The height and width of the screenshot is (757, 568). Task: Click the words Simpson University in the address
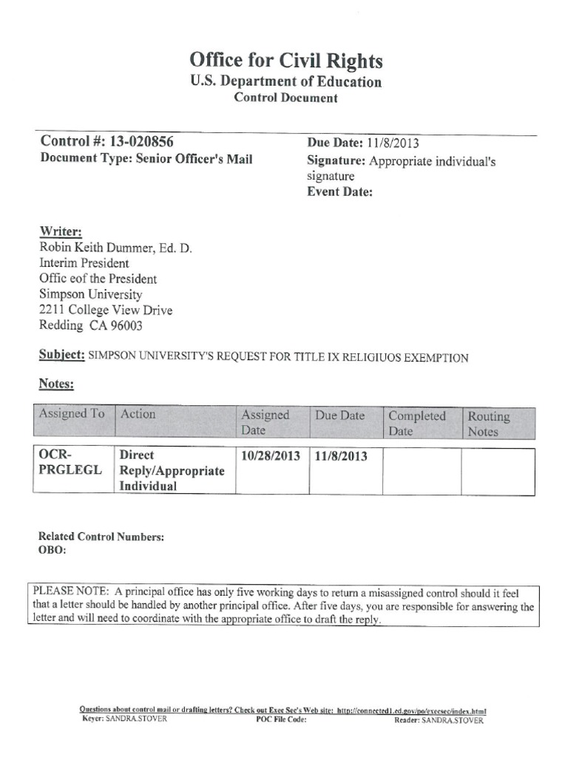coord(90,294)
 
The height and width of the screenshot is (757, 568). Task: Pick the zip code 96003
coord(126,326)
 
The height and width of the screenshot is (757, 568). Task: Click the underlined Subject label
coord(61,356)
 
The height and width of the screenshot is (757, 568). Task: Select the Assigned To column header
coord(71,414)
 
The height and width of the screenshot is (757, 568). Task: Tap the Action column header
coord(138,414)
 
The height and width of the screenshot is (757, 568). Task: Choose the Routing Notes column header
coord(489,423)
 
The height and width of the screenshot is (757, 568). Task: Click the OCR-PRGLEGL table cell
coord(72,463)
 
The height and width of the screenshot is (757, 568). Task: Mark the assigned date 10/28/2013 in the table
coord(271,456)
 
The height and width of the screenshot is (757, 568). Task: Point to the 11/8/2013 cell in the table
coord(341,456)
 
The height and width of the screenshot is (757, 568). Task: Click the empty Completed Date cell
coord(422,470)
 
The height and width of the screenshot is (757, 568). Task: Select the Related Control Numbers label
coord(101,537)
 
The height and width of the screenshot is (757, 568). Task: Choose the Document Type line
coord(146,159)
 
